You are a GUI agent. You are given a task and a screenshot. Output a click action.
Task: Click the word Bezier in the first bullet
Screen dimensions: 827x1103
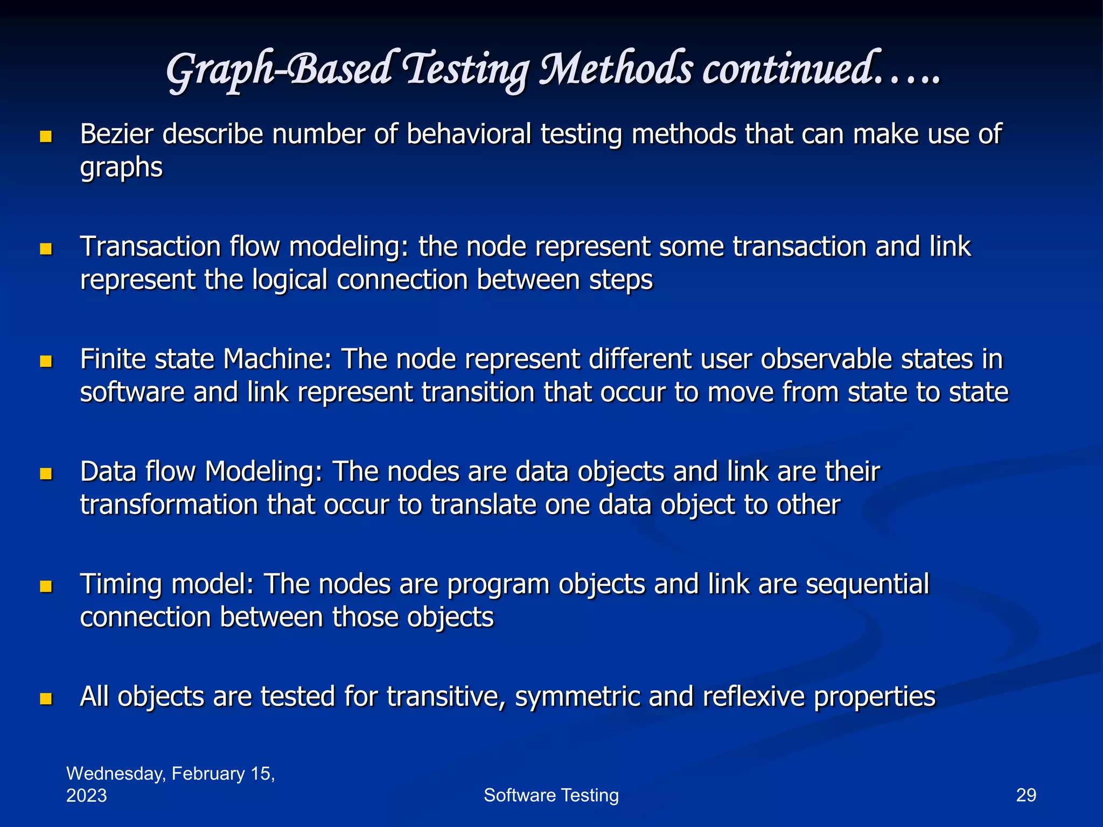[116, 134]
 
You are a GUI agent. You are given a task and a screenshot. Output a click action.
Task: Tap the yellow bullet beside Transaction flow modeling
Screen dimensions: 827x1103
[46, 249]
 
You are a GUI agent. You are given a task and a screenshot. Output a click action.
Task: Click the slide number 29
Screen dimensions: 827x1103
[1025, 795]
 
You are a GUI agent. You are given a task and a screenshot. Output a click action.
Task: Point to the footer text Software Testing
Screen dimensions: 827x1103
[551, 795]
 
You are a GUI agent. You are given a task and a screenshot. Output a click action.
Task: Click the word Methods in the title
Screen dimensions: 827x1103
[616, 70]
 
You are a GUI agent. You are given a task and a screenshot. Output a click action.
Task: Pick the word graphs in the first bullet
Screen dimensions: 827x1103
[121, 168]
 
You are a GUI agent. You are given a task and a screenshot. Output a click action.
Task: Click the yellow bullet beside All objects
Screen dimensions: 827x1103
[46, 699]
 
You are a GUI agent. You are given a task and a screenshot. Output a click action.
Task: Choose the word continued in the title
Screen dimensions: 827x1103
[789, 70]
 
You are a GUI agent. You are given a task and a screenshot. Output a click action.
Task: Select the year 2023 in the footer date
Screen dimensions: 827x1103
[86, 796]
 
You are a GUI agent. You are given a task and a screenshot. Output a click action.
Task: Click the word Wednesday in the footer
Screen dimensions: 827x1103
[116, 774]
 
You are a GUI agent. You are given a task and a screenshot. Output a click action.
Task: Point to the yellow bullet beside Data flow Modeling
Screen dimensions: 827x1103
[46, 474]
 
